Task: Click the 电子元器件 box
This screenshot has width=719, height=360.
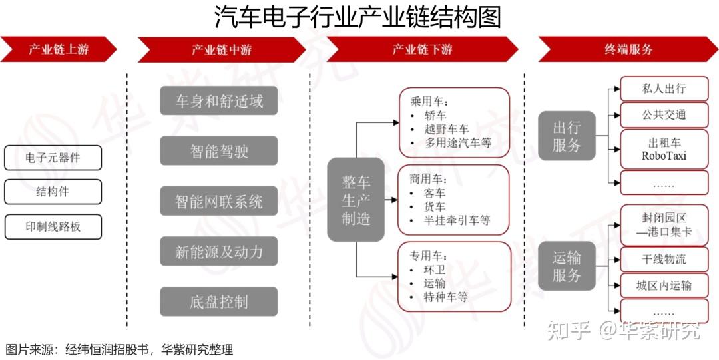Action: point(53,158)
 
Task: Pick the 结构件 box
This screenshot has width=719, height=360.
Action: point(53,192)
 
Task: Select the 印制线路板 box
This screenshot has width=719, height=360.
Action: point(53,226)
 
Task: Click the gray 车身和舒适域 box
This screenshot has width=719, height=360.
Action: point(219,101)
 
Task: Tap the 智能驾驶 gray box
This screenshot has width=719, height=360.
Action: point(219,151)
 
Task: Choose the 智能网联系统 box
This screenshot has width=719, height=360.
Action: point(219,202)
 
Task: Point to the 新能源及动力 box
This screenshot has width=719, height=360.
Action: point(219,252)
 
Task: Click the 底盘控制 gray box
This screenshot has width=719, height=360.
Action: point(219,302)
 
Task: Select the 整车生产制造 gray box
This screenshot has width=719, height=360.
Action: point(356,200)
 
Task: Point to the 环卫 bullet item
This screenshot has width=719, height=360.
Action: point(435,270)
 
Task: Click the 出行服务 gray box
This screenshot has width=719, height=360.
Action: point(567,136)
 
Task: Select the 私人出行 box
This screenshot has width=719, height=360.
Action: point(663,89)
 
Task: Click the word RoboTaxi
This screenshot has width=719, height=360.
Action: point(663,156)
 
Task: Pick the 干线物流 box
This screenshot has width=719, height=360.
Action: point(663,259)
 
